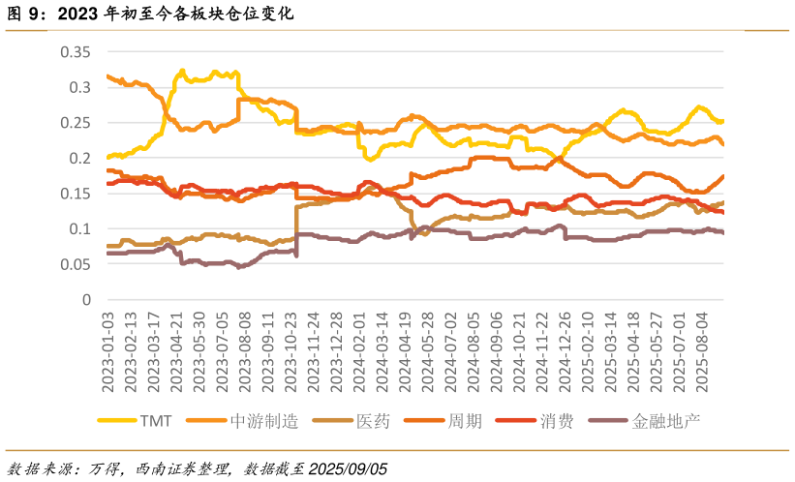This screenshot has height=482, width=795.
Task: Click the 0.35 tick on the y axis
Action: [x=75, y=52]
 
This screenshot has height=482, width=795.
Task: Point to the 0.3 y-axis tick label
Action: [x=80, y=88]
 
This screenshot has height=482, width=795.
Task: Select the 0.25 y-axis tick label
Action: [x=75, y=123]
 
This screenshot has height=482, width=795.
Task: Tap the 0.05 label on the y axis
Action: [x=75, y=264]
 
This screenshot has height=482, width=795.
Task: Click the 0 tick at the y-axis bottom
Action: [x=87, y=300]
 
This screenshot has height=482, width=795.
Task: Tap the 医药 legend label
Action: [x=373, y=422]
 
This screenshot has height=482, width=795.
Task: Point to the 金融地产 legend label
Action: [x=666, y=422]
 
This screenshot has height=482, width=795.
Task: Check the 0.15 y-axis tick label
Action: [x=75, y=194]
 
